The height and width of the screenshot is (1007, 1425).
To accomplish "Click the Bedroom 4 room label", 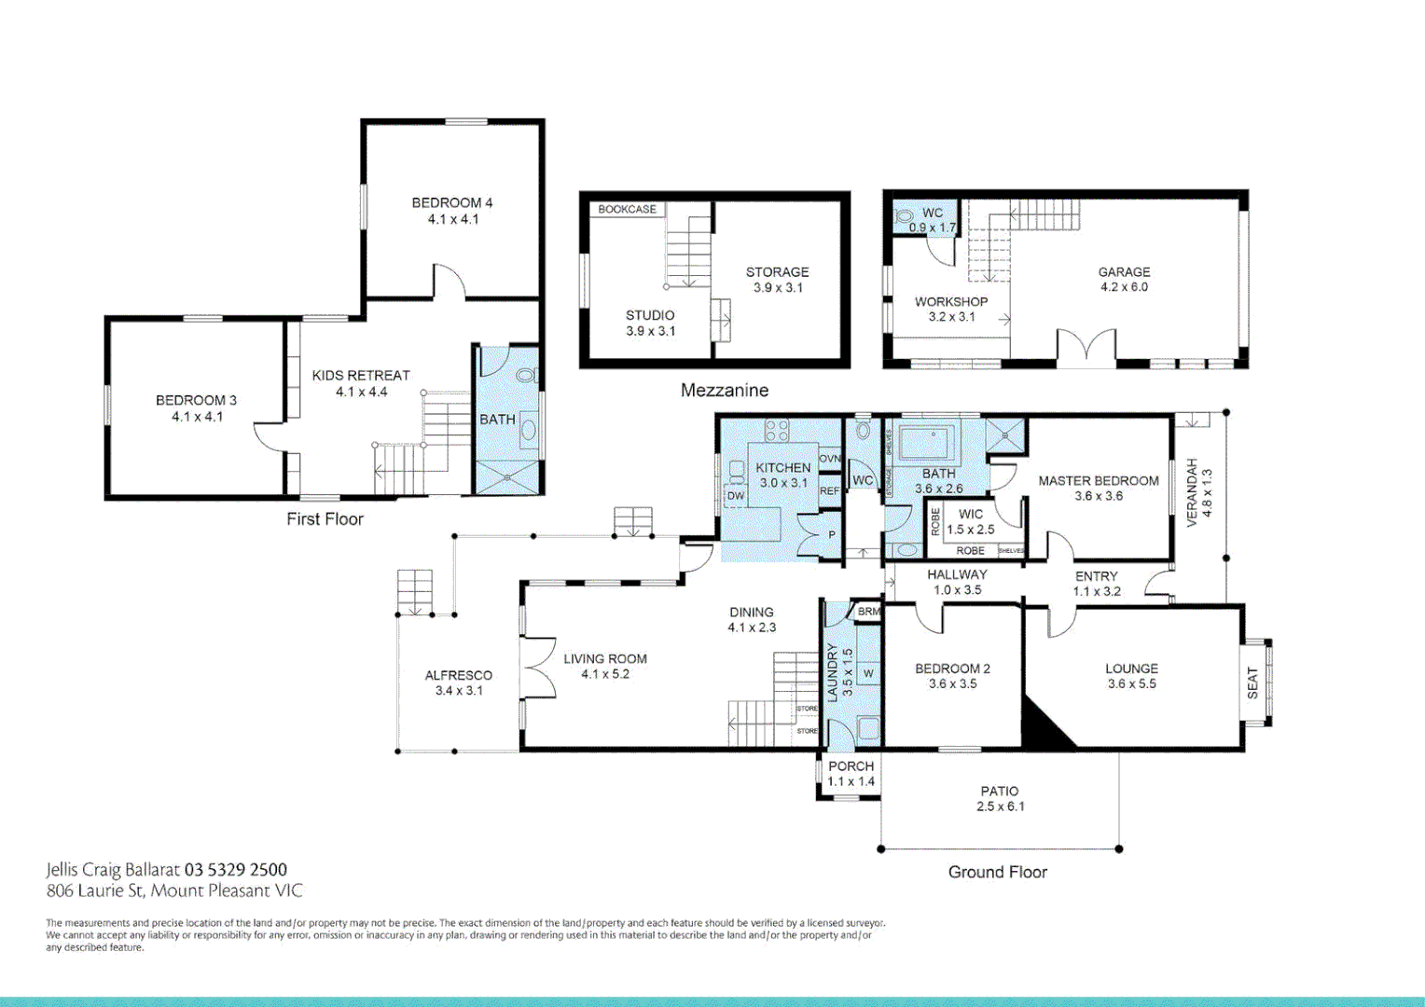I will point(452,202).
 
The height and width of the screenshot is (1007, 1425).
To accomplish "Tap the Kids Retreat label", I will point(361,375).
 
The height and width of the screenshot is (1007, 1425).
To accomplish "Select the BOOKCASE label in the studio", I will point(627,210).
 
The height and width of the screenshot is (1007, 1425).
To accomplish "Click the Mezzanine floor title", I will point(724,391).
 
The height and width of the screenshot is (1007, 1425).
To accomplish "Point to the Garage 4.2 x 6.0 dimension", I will point(1124,287).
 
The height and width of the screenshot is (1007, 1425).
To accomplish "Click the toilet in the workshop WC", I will point(904,215).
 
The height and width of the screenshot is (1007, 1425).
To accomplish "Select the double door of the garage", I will point(1086,345).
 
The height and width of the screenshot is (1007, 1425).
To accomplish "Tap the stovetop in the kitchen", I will point(777,430).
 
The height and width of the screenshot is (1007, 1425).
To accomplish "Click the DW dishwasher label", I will point(736,496).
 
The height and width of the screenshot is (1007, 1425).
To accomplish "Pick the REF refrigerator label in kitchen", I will point(829,490).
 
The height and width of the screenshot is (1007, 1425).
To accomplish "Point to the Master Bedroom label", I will point(1099,481).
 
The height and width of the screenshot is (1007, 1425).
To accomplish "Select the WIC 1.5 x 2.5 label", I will point(970,521).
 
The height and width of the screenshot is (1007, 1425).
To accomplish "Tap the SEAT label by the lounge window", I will point(1252,683).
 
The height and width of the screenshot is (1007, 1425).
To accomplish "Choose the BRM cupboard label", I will point(868,612).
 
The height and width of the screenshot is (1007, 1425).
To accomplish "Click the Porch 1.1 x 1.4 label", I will point(851,774).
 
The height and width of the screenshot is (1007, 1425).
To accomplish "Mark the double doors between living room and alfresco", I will point(538,667).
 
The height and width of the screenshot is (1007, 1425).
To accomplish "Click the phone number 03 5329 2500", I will point(236,870).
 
